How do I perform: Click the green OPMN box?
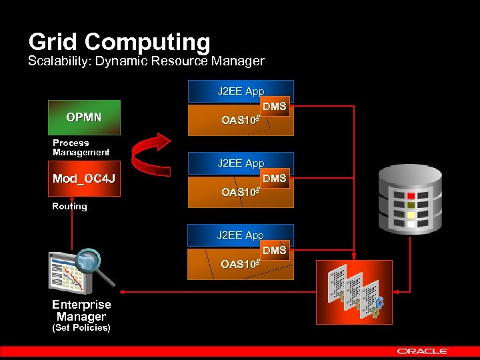[x=84, y=118]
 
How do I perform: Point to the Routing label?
[x=69, y=207]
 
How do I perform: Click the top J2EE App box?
[x=240, y=91]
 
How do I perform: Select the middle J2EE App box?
[x=240, y=163]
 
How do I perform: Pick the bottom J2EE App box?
[x=240, y=235]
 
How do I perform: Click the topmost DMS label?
[x=274, y=107]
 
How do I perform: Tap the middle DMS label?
[x=274, y=179]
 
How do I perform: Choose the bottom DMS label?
[x=274, y=250]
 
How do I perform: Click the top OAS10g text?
[x=239, y=120]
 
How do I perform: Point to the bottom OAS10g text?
[x=239, y=264]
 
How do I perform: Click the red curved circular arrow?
[x=151, y=153]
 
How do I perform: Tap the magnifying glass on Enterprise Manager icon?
[x=87, y=263]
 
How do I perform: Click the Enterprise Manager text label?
[x=81, y=311]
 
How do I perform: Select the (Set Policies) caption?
[x=81, y=328]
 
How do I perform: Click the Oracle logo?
[x=423, y=351]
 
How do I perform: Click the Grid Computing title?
[x=119, y=42]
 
